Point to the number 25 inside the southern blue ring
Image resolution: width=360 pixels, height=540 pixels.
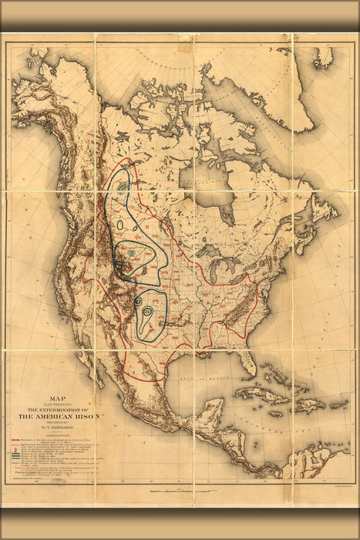(x=147, y=310)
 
